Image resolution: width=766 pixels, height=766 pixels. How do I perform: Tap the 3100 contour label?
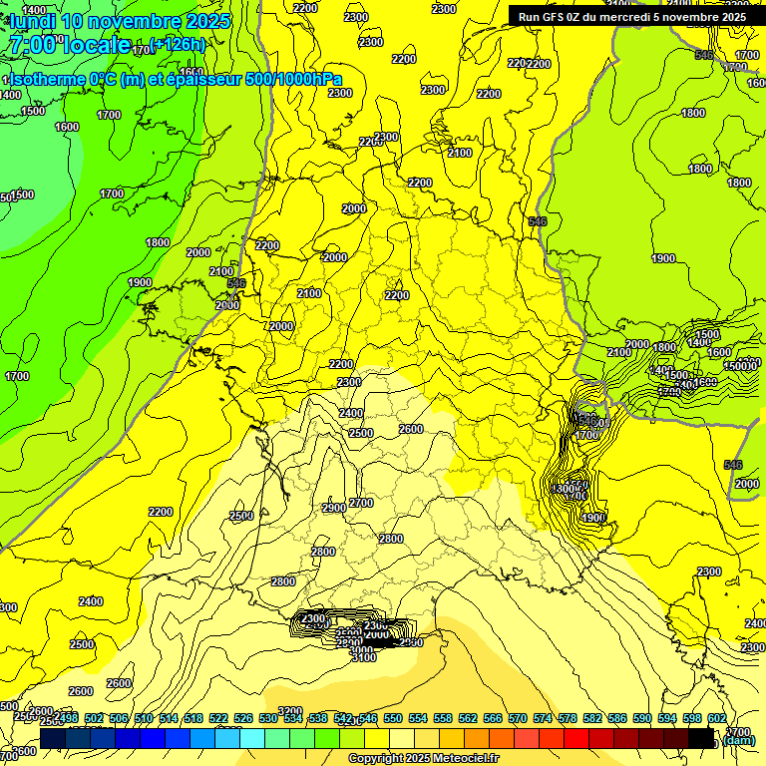coord(364,657)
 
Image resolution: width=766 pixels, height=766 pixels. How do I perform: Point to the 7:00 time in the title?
coord(30,45)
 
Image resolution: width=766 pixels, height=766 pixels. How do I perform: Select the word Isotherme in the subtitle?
coord(46,80)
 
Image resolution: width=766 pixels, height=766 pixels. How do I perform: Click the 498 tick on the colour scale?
coord(68,718)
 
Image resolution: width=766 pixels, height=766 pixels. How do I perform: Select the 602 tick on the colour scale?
coord(716,718)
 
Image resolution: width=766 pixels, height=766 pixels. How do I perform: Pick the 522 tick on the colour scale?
coord(217,718)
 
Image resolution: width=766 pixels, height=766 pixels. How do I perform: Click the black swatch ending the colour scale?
coord(701,739)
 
